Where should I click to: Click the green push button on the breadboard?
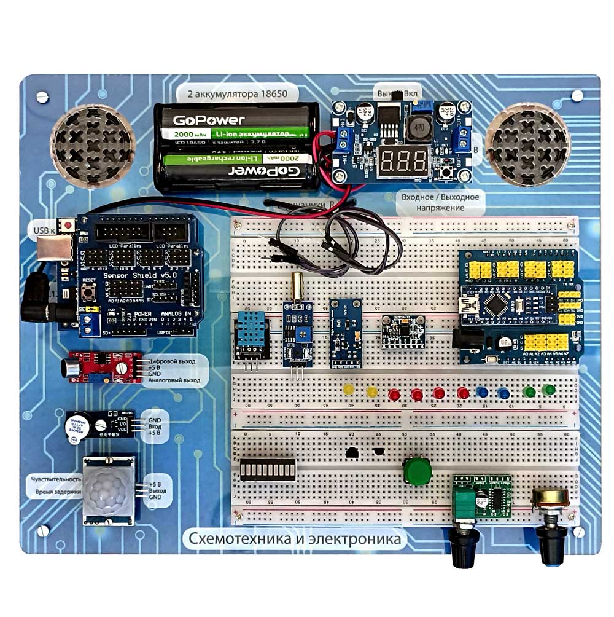(418, 471)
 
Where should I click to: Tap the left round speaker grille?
(93, 146)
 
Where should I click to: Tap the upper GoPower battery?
(235, 125)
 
